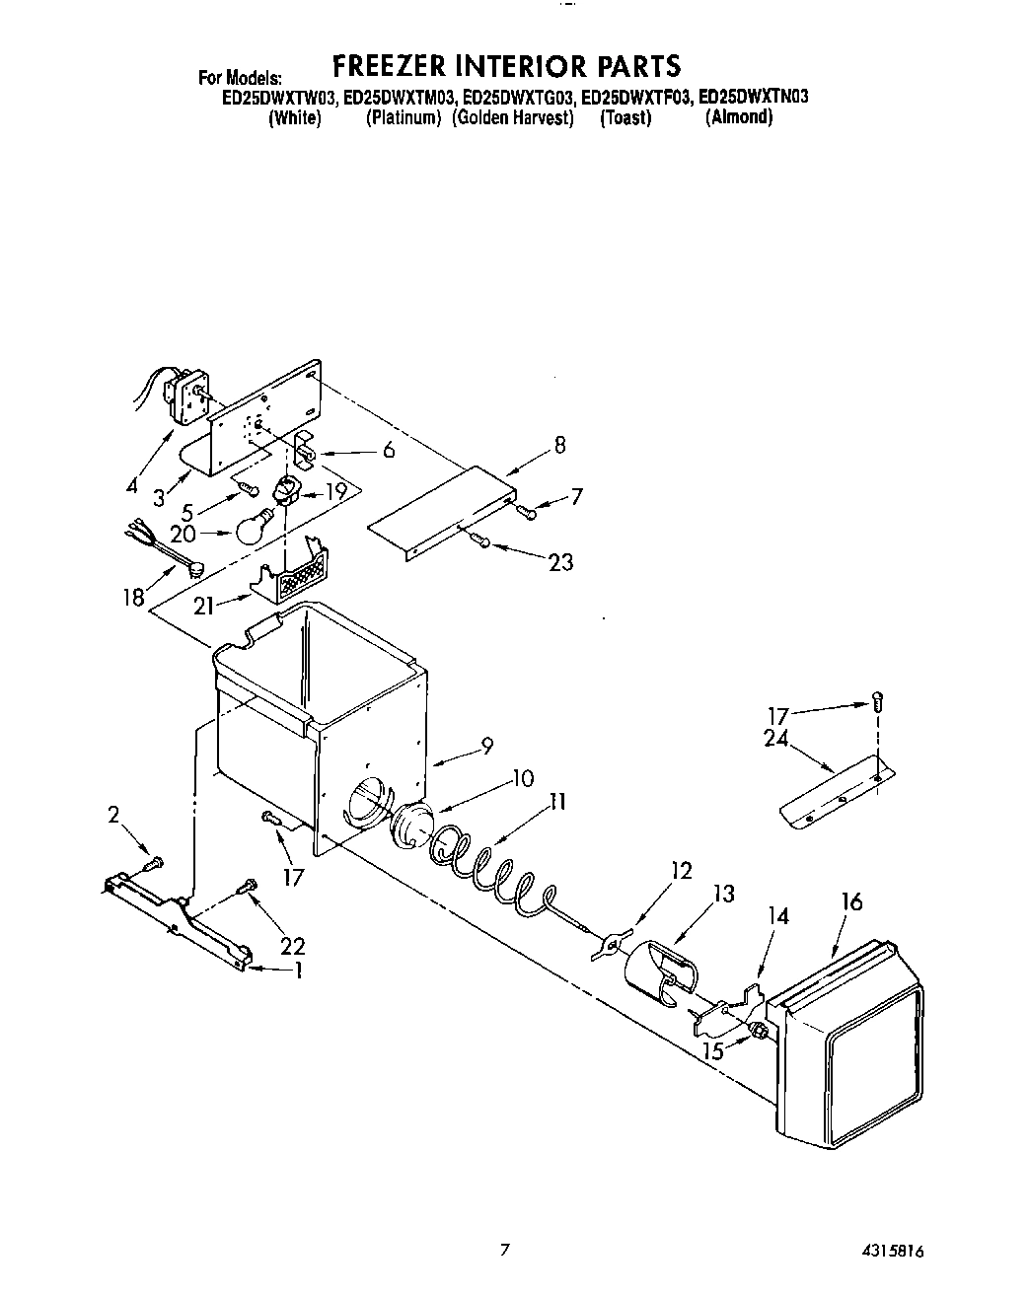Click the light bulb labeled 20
coord(252,527)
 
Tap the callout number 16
coord(851,901)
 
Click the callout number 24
coord(776,737)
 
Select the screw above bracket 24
coord(878,702)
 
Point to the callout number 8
coord(559,445)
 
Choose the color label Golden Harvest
coord(513,118)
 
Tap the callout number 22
coord(292,946)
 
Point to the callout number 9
coord(486,747)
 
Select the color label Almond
coord(738,118)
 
